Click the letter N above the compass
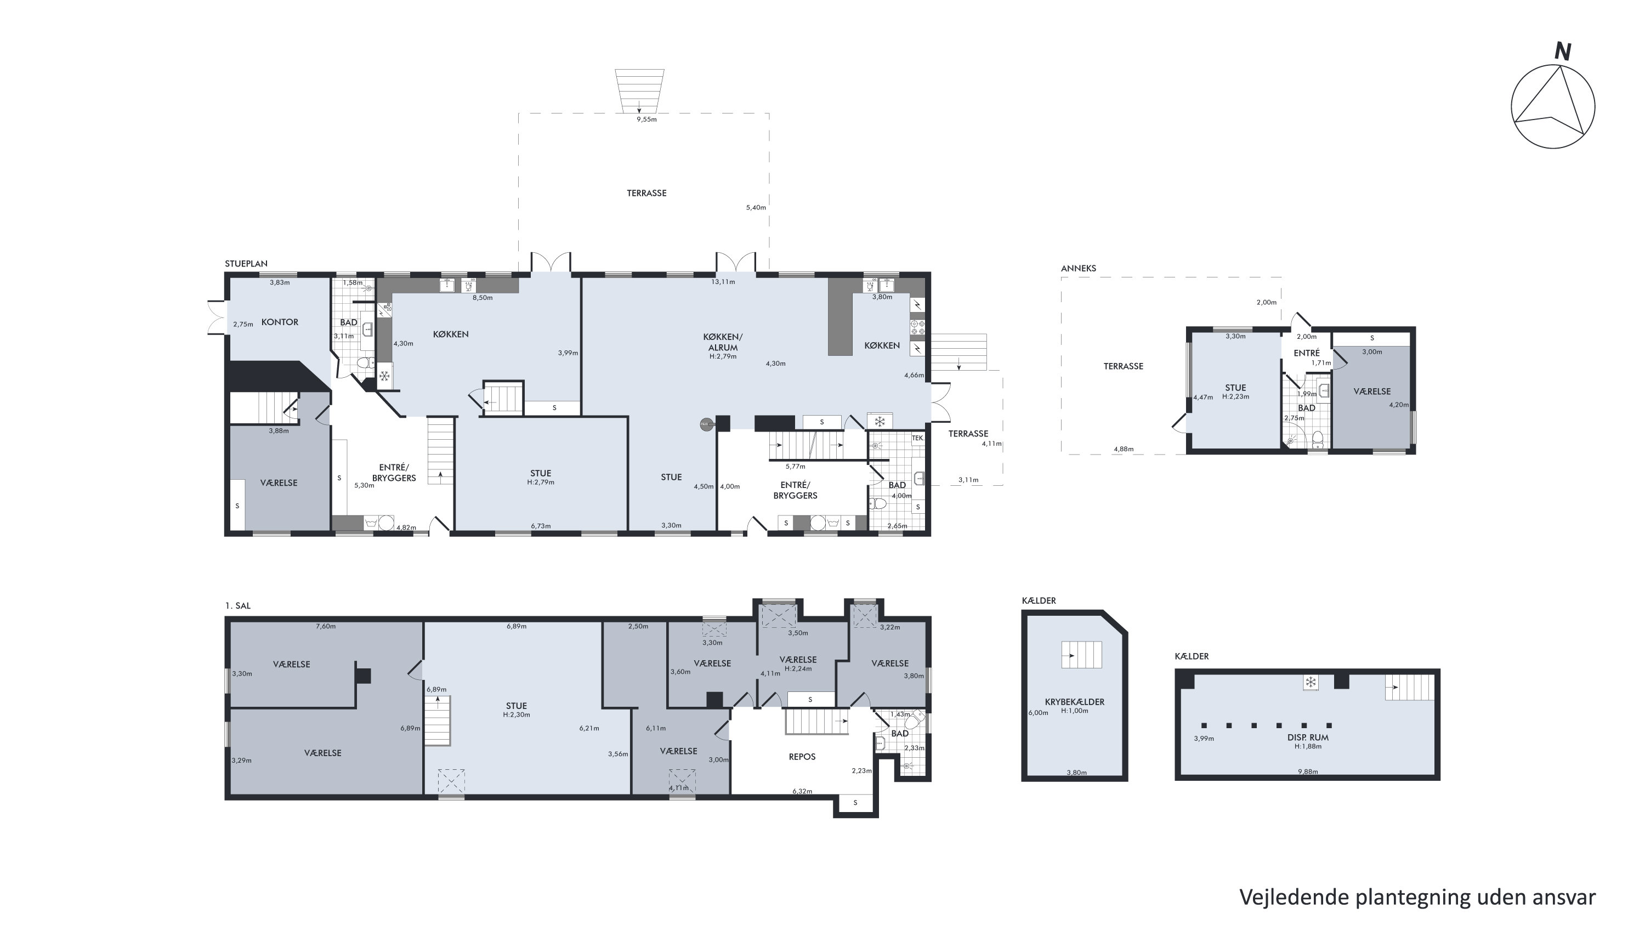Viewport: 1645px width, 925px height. coord(1563,51)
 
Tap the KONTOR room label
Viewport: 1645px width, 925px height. coord(280,322)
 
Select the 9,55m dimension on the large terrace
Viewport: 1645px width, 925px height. coord(646,120)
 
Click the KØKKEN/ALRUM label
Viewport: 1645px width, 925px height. coord(723,342)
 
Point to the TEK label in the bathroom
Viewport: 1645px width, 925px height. coord(917,438)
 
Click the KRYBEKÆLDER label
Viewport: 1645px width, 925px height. coord(1075,702)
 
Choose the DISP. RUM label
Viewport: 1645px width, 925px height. coord(1308,737)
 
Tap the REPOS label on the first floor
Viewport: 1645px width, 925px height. coord(802,757)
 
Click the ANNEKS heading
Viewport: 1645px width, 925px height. coord(1079,268)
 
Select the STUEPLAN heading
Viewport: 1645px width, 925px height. coord(246,264)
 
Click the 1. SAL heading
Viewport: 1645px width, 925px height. coord(237,606)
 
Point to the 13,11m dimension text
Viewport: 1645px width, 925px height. coord(723,281)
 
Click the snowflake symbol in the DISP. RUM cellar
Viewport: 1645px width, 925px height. coord(1311,683)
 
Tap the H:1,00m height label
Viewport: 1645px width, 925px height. coord(1075,711)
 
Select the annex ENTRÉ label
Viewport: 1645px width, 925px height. coord(1307,353)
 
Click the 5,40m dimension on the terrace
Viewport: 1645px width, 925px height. coord(756,207)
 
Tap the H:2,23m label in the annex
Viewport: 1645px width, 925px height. coord(1235,396)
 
